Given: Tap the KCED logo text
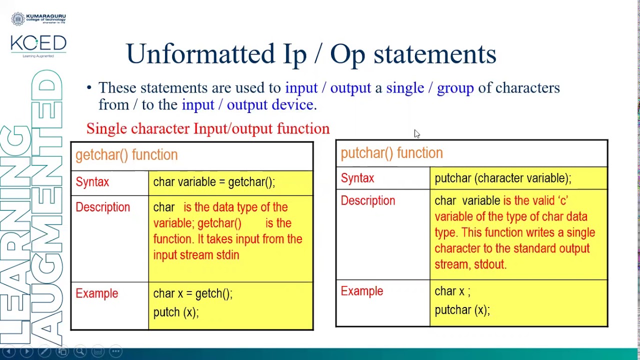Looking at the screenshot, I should pyautogui.click(x=38, y=43).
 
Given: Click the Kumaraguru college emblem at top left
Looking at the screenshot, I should pyautogui.click(x=18, y=19).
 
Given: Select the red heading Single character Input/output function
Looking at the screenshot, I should pyautogui.click(x=207, y=128).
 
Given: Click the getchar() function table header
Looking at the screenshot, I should pyautogui.click(x=126, y=155).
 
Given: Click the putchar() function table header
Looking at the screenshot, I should pyautogui.click(x=391, y=153).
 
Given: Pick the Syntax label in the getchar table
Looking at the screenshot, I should pyautogui.click(x=92, y=182).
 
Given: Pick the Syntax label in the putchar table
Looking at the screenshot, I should pyautogui.click(x=357, y=178).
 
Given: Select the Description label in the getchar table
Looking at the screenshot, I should pyautogui.click(x=102, y=207).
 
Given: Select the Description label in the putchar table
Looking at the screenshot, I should pyautogui.click(x=367, y=201).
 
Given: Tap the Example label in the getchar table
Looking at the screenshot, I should pyautogui.click(x=96, y=293).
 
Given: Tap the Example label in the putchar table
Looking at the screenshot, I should pyautogui.click(x=361, y=291).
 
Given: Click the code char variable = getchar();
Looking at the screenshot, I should pyautogui.click(x=214, y=182).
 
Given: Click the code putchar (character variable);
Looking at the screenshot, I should pyautogui.click(x=502, y=178).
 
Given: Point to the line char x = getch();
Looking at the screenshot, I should pyautogui.click(x=192, y=293).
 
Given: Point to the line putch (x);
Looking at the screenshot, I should pyautogui.click(x=175, y=312).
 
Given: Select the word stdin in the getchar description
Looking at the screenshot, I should pyautogui.click(x=227, y=255).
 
